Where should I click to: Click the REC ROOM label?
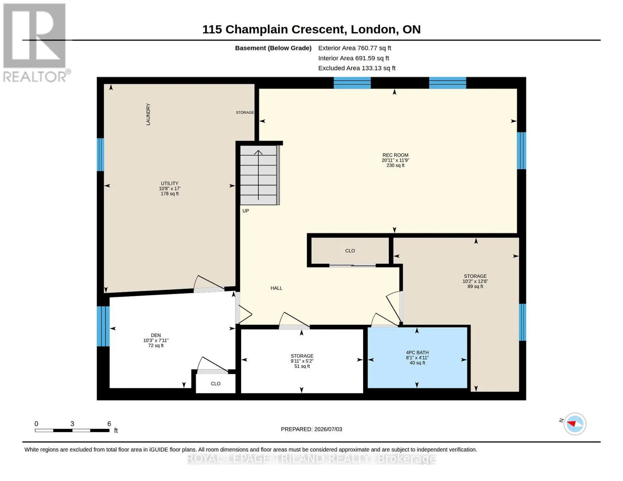point(395,155)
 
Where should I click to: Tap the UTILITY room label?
point(169,183)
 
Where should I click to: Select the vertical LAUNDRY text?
point(148,114)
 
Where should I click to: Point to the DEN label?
point(156,335)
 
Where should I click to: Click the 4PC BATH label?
point(417,352)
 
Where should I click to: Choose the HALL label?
point(276,288)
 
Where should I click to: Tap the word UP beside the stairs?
point(246,211)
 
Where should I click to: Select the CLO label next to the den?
point(215,384)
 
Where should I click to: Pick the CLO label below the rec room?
point(350,251)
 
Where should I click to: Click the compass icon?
point(574,424)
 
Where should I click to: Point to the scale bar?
point(72,430)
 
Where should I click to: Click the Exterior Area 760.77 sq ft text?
point(355,48)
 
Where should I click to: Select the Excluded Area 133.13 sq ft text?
point(357,68)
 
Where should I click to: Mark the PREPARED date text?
point(311,429)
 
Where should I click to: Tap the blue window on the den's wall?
point(103,326)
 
